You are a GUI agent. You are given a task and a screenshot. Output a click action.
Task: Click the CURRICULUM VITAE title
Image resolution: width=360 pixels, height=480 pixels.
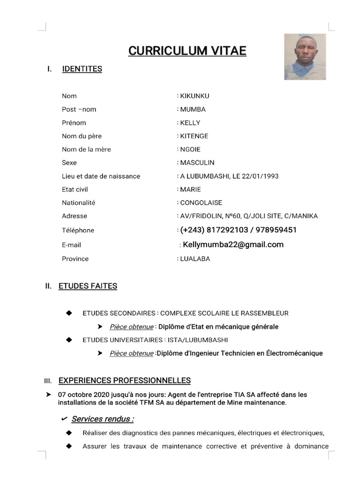187,51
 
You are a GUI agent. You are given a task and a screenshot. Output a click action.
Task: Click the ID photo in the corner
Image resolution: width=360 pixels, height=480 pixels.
305,57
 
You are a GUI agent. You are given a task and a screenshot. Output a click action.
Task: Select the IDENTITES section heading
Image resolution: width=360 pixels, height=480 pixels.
82,69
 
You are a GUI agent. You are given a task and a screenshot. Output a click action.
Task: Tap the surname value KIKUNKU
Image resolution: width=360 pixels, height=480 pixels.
195,96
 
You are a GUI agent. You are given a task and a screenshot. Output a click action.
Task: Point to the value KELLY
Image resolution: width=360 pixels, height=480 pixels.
190,123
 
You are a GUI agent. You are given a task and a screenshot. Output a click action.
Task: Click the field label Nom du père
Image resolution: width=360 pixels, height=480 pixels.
82,136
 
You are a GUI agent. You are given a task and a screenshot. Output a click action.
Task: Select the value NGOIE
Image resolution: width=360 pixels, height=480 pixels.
190,150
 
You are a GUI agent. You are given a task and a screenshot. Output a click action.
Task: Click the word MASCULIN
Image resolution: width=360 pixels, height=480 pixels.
197,163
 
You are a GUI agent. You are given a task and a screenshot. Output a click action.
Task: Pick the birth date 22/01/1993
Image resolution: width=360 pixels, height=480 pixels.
262,176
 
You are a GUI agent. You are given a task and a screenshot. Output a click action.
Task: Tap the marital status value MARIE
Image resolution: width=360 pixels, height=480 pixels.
190,189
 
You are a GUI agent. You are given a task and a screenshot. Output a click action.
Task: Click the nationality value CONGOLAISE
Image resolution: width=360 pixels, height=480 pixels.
201,203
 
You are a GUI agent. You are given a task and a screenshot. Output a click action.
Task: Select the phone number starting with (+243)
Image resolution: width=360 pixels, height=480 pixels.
238,230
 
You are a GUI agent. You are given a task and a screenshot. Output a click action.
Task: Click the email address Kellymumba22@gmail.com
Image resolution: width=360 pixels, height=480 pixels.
233,245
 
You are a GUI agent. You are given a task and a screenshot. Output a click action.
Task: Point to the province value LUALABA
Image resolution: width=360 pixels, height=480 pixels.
195,259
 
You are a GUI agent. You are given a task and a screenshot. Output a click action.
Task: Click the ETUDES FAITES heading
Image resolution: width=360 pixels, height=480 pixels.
88,286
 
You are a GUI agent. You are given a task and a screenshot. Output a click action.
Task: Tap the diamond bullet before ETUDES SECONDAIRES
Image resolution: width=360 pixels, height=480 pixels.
69,313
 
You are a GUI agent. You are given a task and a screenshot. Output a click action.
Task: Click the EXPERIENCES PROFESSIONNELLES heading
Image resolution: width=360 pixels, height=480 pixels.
124,380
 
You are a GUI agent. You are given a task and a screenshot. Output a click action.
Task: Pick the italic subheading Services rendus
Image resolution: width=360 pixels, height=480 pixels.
103,419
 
